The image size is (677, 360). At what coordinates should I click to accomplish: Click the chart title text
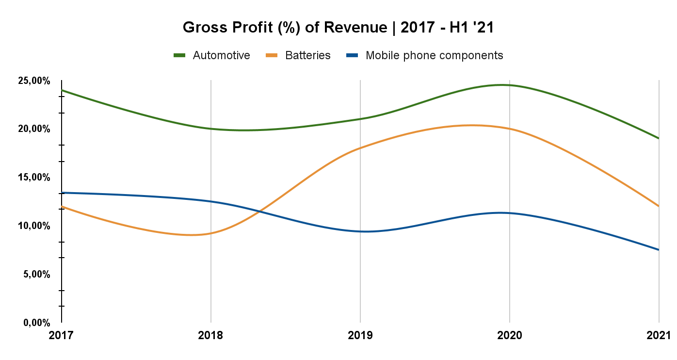click(x=338, y=28)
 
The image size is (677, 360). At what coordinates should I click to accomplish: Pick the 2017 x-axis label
click(x=62, y=335)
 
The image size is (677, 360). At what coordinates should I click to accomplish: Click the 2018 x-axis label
click(x=211, y=335)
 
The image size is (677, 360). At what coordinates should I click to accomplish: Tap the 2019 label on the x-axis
click(x=360, y=335)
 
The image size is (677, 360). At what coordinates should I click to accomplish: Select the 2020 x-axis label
click(x=510, y=335)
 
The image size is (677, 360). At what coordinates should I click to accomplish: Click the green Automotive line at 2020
click(x=510, y=85)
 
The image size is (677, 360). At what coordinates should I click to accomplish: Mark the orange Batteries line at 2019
click(x=360, y=147)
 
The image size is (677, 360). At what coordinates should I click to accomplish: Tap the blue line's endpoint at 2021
click(x=659, y=250)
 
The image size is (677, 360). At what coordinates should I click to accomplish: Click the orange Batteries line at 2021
click(x=659, y=206)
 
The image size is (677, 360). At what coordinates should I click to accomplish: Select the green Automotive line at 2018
click(x=211, y=129)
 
